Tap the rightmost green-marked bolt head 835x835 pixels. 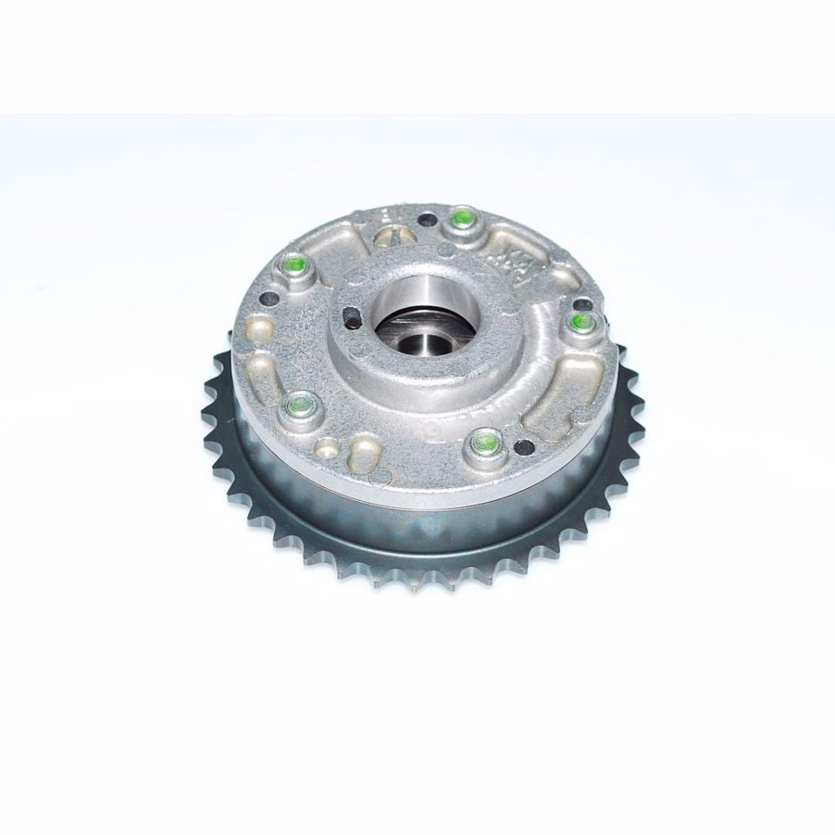pos(581,322)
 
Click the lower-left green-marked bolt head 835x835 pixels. pos(299,403)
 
